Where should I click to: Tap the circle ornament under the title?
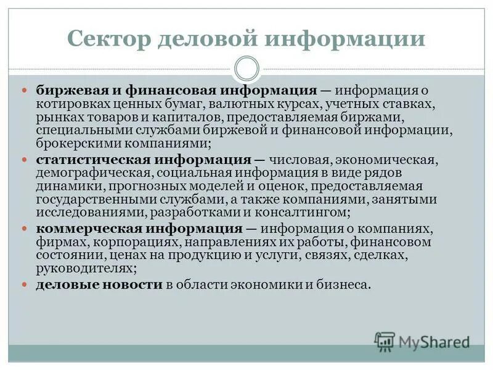(x=246, y=68)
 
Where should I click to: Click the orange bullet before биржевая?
(x=25, y=90)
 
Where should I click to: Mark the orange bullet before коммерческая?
(x=25, y=229)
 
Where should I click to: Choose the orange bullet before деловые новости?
(x=25, y=284)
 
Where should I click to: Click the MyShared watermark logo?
(x=422, y=341)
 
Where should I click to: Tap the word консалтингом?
(x=308, y=213)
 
